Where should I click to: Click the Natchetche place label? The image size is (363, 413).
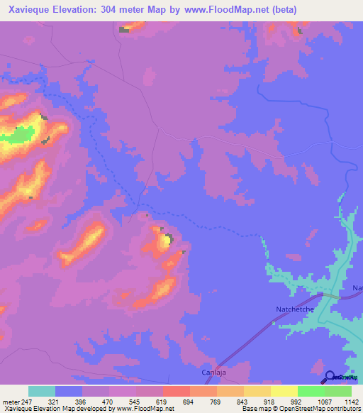point(293,309)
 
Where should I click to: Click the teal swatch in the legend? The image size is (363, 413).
point(41,391)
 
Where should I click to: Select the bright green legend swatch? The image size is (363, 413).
point(311,391)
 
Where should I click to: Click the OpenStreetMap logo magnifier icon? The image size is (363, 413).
point(330,377)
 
